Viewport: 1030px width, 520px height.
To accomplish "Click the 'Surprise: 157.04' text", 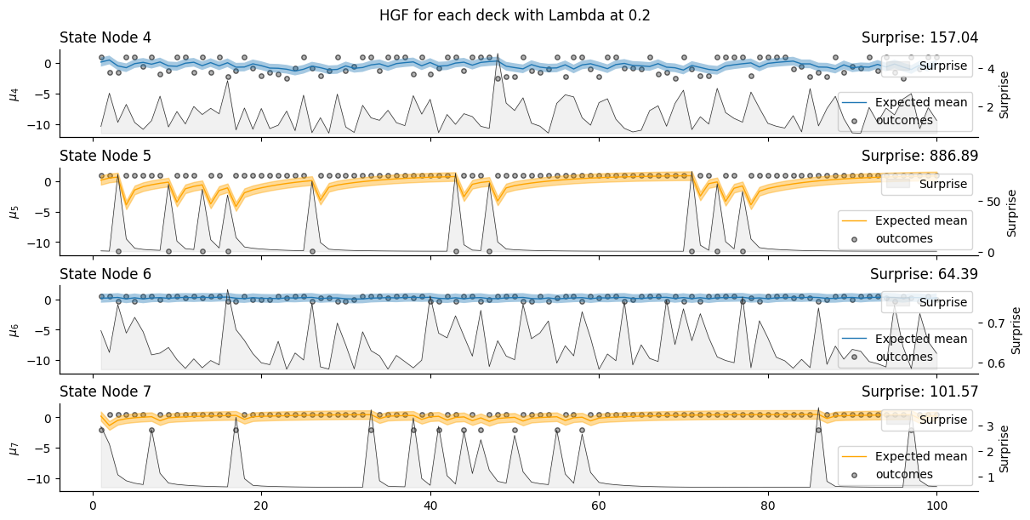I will [919, 37].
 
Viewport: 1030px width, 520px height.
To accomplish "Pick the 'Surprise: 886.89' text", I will [919, 156].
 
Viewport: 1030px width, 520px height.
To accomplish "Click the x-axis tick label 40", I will [430, 503].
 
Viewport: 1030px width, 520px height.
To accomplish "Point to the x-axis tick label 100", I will [936, 503].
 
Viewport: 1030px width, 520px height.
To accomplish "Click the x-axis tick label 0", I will [93, 503].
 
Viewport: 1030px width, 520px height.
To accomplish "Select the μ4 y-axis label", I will [14, 92].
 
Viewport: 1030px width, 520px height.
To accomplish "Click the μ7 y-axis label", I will [14, 446].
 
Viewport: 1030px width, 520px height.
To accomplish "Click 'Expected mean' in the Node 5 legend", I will [921, 220].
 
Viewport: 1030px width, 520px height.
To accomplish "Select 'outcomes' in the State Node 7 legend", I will [904, 474].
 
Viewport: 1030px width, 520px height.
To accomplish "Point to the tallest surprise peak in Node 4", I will [498, 54].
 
